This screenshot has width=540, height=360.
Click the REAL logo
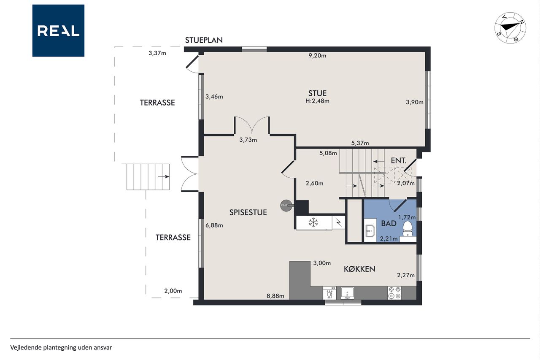coord(58,31)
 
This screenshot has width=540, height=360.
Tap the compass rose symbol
coord(510,28)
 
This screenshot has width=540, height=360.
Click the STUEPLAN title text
coord(204,40)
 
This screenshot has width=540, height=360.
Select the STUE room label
coord(317,93)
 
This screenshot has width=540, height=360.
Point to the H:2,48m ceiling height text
coord(317,101)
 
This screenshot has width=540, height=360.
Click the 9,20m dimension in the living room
coord(317,56)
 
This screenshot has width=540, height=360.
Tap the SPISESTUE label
coord(248,212)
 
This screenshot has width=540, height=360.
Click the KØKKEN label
coord(359,269)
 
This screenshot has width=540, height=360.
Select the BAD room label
coord(389,224)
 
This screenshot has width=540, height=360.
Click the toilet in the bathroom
coord(408,229)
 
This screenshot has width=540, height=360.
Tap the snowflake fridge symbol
coord(313,222)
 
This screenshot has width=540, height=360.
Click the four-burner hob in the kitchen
coord(394,293)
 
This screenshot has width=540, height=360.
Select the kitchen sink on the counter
coord(347,293)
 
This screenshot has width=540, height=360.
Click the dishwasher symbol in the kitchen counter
coord(329,293)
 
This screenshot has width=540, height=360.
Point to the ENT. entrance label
coord(399,161)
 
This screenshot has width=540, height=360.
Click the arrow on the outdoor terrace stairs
coord(164,176)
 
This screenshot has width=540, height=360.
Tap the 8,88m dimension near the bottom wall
coord(275,296)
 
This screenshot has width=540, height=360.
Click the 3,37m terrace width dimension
coord(157,53)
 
